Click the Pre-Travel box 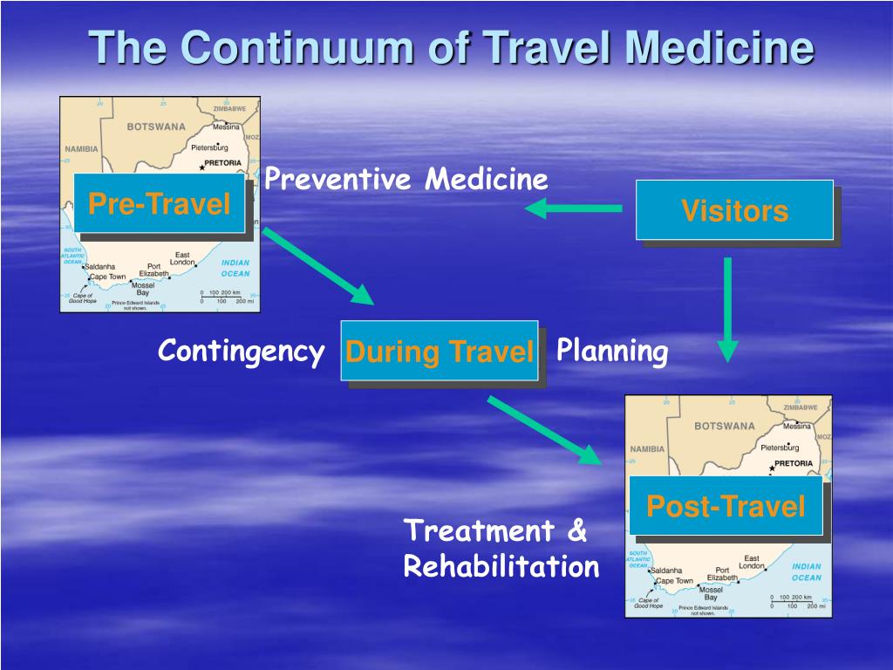(159, 204)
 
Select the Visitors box (734, 210)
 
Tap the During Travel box (439, 352)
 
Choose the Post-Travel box (726, 506)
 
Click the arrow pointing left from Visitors (573, 209)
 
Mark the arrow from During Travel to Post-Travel (544, 430)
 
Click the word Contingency (241, 352)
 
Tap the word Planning (612, 352)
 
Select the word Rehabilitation (501, 567)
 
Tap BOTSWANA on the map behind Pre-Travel (157, 126)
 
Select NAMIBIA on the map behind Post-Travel (647, 448)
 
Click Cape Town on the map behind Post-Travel (674, 581)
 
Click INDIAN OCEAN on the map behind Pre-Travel (235, 268)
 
